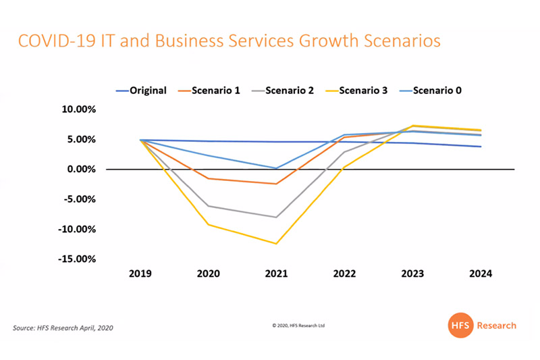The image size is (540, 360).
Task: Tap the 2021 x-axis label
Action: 277,274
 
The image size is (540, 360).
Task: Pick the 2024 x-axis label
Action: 481,274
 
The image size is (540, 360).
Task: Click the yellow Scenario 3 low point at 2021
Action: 277,243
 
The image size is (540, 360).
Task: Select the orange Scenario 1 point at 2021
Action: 277,184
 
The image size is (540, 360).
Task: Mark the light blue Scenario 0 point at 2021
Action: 277,168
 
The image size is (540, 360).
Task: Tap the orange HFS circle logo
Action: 459,326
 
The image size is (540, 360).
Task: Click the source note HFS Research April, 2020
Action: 63,328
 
